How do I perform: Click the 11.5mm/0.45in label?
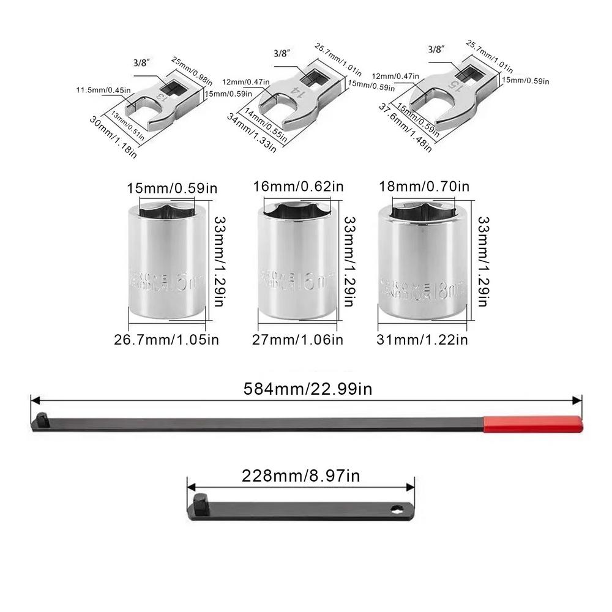click(x=104, y=91)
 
